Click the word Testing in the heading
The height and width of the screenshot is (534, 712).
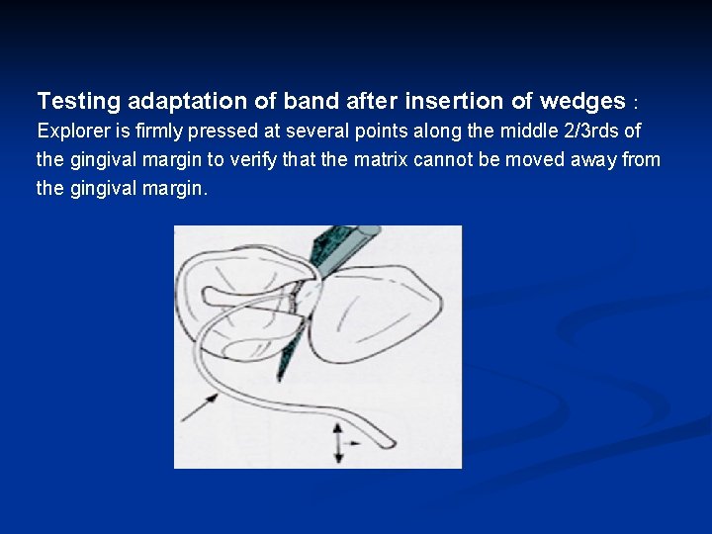tap(78, 101)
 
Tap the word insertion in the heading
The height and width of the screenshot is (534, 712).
tap(455, 101)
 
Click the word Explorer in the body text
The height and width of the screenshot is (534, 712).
tap(70, 132)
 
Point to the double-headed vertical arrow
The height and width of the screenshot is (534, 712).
tap(338, 443)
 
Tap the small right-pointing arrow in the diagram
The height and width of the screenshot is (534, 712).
tap(353, 442)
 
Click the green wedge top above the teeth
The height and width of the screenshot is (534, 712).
tap(341, 241)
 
